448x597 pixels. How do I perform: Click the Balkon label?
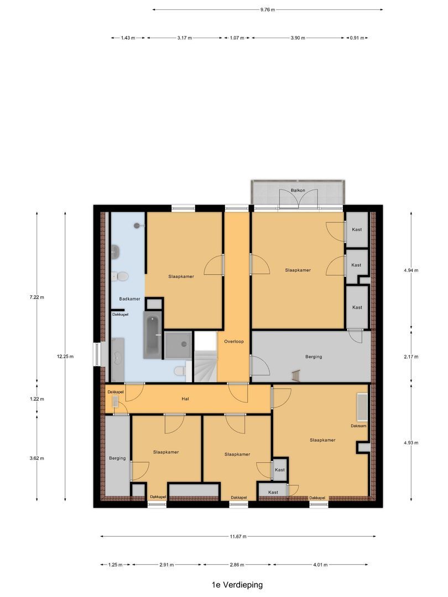(x=298, y=190)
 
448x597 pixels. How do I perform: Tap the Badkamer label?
(x=129, y=299)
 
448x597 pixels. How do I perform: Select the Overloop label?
(x=234, y=342)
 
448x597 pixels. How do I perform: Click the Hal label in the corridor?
(x=185, y=399)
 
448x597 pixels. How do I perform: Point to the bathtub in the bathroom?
(x=153, y=335)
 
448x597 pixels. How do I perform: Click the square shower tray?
(x=178, y=345)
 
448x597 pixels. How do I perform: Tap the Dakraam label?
(x=358, y=426)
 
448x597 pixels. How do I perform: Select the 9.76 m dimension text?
(x=268, y=9)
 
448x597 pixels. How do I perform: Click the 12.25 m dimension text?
(x=65, y=357)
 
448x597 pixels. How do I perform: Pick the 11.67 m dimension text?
(x=238, y=536)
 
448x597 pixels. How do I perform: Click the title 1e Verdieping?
(x=237, y=585)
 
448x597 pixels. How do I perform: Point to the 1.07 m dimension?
(x=237, y=38)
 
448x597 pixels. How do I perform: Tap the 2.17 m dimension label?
(x=411, y=357)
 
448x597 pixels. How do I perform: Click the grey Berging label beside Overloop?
(x=314, y=357)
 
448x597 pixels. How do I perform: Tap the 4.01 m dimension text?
(x=320, y=564)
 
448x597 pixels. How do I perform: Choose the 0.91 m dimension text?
(x=357, y=38)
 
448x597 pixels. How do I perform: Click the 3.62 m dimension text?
(x=37, y=458)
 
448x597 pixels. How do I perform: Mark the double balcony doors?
(x=298, y=199)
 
